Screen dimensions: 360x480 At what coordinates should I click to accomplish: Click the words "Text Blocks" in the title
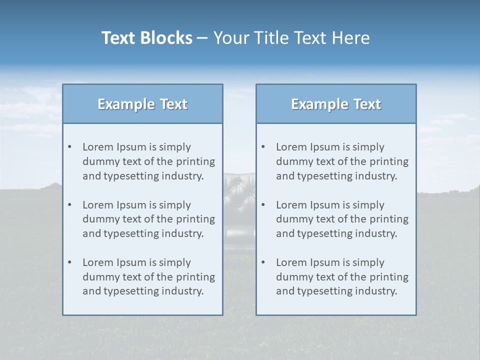(x=146, y=38)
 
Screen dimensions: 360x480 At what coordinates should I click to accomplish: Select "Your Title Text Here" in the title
(x=291, y=38)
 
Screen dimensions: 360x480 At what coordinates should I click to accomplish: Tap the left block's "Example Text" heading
(x=142, y=104)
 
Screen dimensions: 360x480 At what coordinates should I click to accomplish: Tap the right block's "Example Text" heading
(x=336, y=104)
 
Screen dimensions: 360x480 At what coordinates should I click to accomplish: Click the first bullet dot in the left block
(x=69, y=147)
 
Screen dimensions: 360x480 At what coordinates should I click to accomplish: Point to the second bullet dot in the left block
(x=69, y=205)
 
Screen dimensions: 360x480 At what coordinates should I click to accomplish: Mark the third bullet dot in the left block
(x=69, y=262)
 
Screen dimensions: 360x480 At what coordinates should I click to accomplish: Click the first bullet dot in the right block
(x=263, y=147)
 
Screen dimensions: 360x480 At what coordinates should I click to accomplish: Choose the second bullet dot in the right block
(x=263, y=205)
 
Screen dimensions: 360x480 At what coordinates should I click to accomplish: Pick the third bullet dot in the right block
(x=263, y=262)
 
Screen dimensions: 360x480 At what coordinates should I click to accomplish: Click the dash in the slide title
(x=202, y=38)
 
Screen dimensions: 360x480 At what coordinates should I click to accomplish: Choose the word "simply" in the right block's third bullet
(x=368, y=262)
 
